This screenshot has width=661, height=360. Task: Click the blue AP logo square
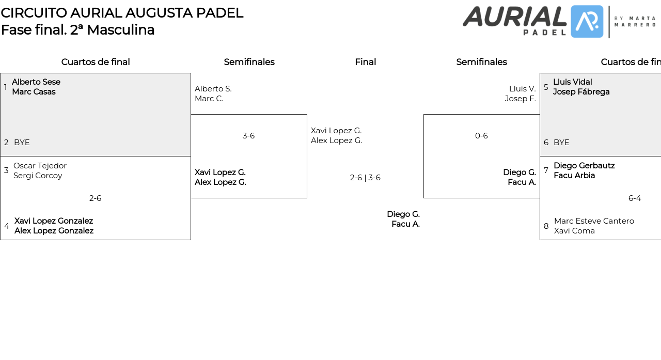[587, 22]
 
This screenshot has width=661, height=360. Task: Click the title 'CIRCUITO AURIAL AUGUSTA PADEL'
[122, 13]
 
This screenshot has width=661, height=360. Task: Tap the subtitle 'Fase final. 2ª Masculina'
[77, 30]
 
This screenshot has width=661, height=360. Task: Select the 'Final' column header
[365, 62]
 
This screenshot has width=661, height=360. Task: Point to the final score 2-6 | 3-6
[365, 178]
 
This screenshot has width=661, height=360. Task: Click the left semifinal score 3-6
[248, 136]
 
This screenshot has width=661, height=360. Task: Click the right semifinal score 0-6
[481, 136]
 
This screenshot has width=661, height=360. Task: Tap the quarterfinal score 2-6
[95, 198]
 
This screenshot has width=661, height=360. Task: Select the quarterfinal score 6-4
[635, 198]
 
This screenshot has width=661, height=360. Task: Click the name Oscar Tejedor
[40, 166]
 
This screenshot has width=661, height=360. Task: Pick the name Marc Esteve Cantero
[594, 221]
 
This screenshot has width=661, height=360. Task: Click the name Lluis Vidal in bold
[572, 82]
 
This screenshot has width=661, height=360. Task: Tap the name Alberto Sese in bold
[36, 82]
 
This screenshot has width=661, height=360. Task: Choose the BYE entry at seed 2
[22, 143]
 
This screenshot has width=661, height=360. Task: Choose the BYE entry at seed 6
[561, 143]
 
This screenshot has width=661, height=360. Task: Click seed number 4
[7, 226]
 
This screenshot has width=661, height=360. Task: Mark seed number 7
[546, 170]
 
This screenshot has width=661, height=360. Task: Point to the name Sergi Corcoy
[38, 176]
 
